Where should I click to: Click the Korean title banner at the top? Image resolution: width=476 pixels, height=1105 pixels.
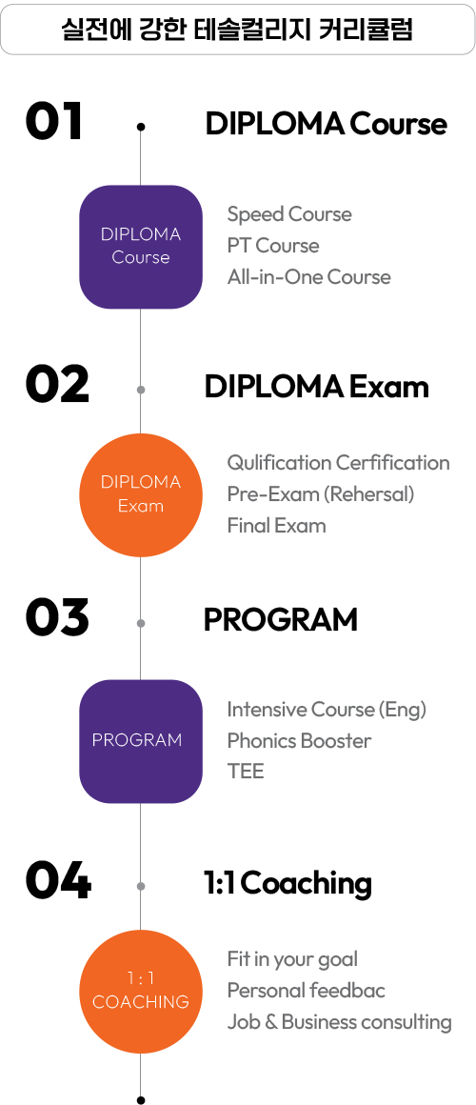(x=237, y=30)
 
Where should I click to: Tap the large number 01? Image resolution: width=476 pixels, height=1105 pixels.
(x=54, y=122)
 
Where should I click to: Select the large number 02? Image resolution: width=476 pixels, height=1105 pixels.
(x=57, y=385)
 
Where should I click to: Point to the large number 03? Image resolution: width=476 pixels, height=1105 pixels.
(x=57, y=617)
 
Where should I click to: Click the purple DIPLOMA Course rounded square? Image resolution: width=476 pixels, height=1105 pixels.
(x=141, y=247)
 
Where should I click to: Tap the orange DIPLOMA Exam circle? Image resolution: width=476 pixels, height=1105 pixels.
(x=141, y=494)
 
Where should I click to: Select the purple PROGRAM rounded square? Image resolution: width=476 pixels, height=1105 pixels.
(x=141, y=741)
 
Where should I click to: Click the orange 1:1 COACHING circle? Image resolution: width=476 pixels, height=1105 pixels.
(x=141, y=992)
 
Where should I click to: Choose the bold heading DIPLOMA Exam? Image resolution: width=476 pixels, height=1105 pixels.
(x=316, y=388)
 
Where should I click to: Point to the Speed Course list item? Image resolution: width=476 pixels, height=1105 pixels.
(x=289, y=214)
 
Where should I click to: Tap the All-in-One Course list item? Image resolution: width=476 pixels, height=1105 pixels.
(x=308, y=277)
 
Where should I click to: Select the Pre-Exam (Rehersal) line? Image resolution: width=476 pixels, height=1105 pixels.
(x=321, y=494)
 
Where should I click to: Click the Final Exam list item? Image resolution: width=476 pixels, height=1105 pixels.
(x=276, y=526)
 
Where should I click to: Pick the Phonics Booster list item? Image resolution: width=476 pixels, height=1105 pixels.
(x=299, y=741)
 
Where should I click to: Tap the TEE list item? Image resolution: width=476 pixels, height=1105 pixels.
(x=245, y=772)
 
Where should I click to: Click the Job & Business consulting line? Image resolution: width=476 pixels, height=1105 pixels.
(x=339, y=1022)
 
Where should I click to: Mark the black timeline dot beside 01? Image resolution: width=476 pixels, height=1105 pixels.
(x=141, y=127)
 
